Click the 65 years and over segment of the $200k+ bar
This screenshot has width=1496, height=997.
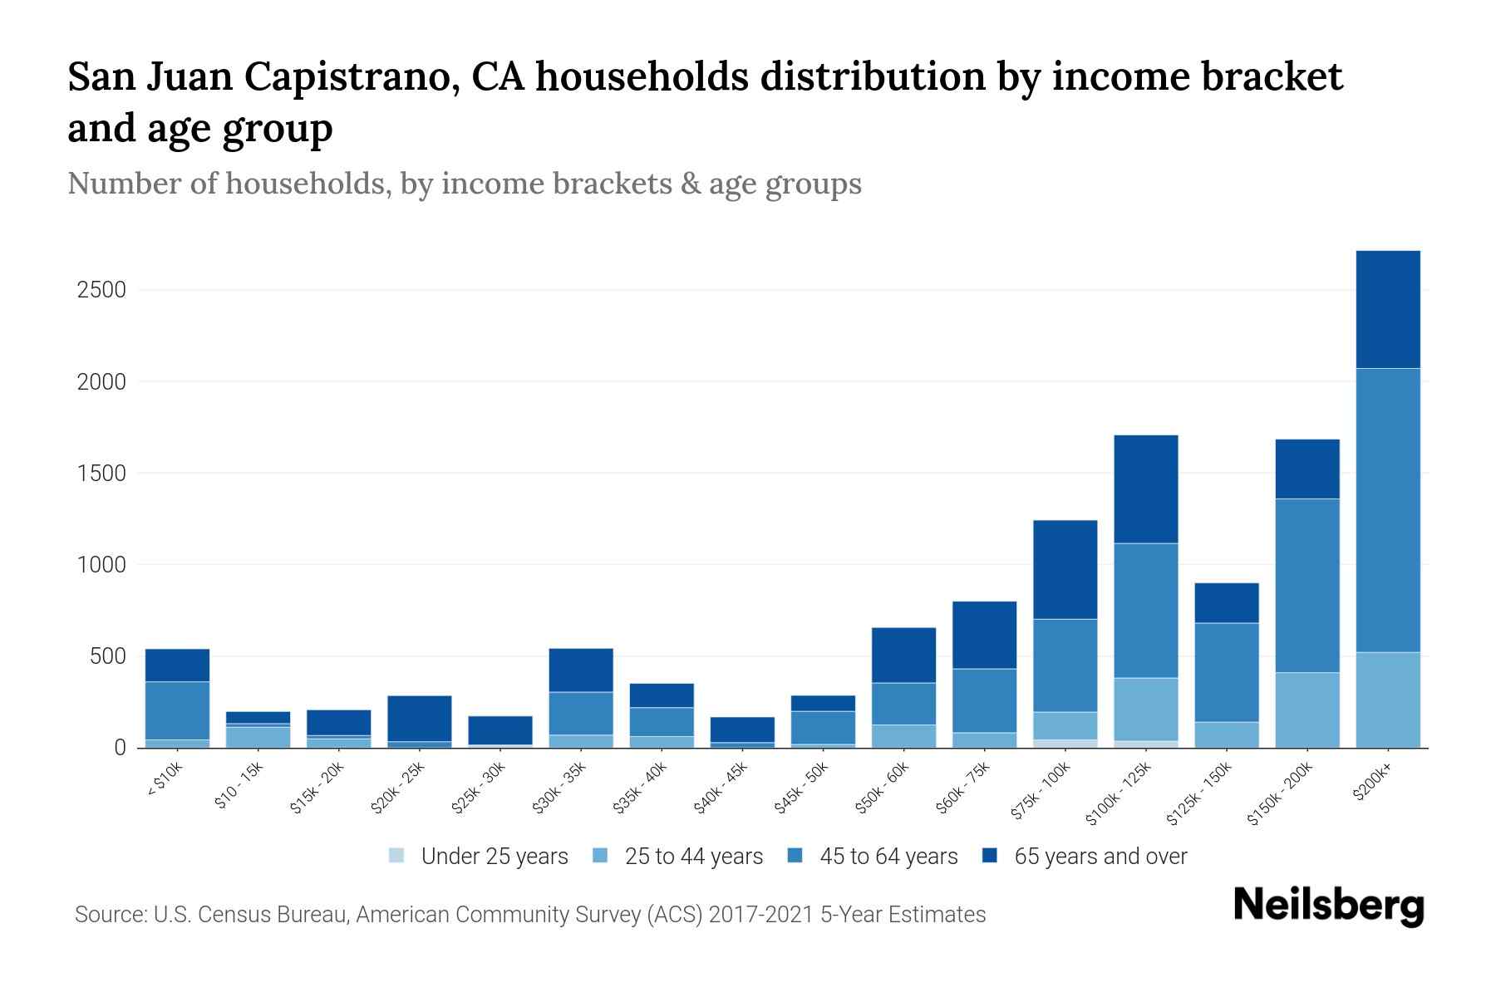click(1387, 309)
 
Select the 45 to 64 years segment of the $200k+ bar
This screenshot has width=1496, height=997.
click(1387, 510)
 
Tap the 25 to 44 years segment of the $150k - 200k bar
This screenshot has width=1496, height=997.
click(1307, 710)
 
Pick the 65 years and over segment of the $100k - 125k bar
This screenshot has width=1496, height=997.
click(1146, 489)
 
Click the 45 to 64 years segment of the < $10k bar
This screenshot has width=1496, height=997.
click(177, 710)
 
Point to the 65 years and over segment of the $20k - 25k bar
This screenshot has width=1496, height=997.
click(420, 719)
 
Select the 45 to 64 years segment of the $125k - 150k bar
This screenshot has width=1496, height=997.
click(1227, 672)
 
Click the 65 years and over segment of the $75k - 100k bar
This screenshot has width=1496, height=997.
click(1065, 569)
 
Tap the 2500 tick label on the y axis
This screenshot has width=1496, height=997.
click(101, 290)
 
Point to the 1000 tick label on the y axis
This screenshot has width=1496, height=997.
click(101, 565)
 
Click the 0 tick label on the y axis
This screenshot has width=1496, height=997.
click(120, 748)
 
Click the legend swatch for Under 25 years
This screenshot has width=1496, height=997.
click(397, 856)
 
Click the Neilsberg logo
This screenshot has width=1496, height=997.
click(1329, 905)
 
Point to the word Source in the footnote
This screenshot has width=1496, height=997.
click(108, 915)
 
